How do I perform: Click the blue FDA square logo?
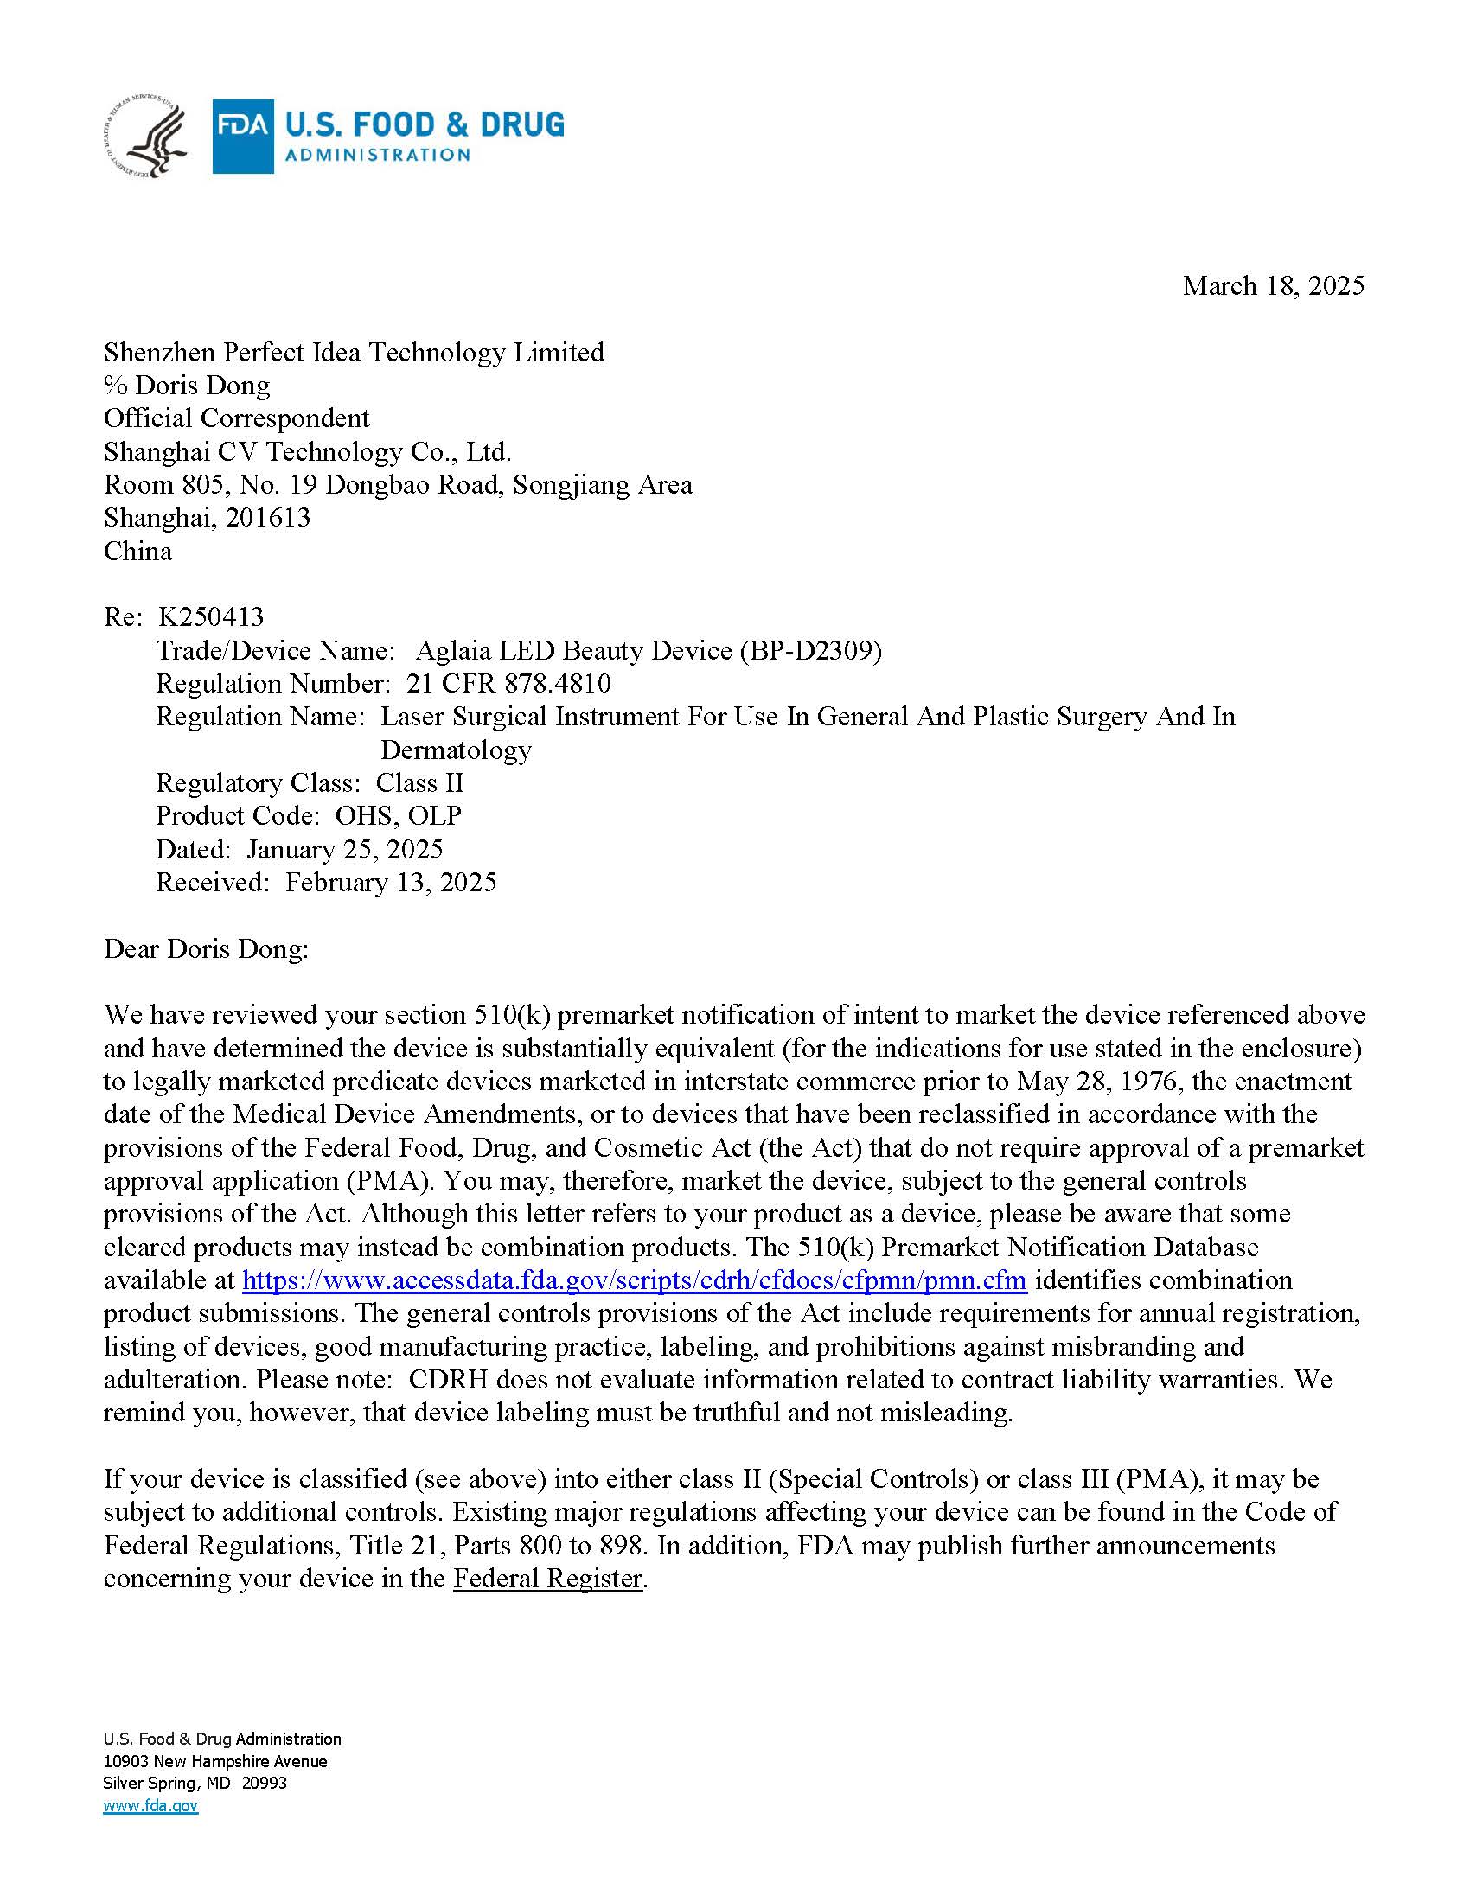(x=243, y=136)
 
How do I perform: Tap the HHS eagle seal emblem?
(x=146, y=137)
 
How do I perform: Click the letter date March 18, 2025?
(x=1272, y=285)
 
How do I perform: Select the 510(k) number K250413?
(x=211, y=617)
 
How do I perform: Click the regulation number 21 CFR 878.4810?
(x=508, y=684)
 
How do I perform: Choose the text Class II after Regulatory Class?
(x=419, y=783)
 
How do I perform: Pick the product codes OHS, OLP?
(x=398, y=816)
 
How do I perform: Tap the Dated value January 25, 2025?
(x=345, y=849)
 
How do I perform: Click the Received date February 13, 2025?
(x=391, y=882)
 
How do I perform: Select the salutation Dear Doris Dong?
(x=207, y=948)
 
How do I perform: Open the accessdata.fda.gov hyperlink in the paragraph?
(x=634, y=1280)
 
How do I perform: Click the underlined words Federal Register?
(x=546, y=1579)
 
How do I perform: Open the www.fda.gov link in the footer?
(x=150, y=1805)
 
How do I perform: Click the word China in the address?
(x=137, y=552)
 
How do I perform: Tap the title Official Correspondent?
(x=236, y=418)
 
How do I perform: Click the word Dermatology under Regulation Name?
(x=456, y=750)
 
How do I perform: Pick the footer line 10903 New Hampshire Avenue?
(x=215, y=1761)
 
